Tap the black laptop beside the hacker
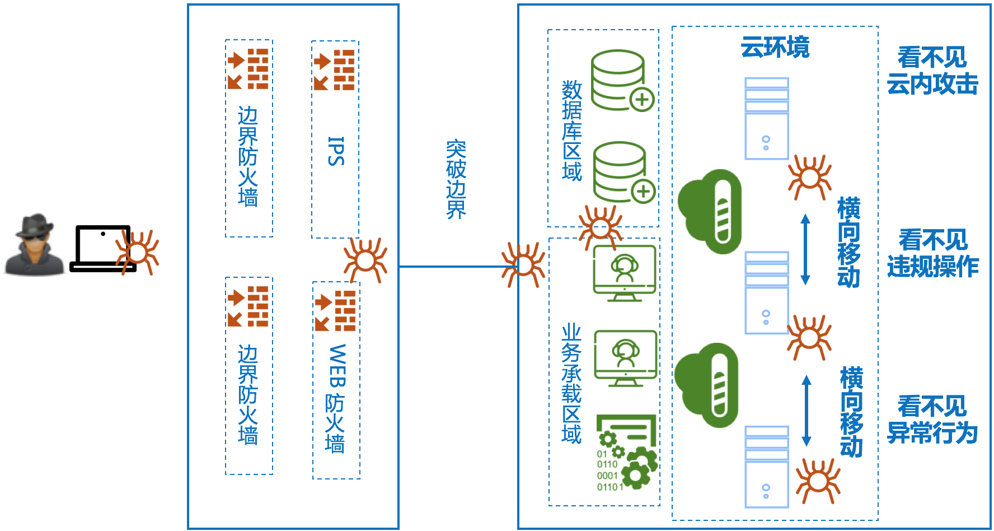[x=102, y=249]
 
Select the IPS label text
[x=335, y=151]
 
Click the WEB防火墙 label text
[x=336, y=398]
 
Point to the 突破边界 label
[x=456, y=179]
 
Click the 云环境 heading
[x=775, y=47]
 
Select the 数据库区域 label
[x=572, y=131]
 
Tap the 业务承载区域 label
[x=571, y=384]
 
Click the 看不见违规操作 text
[x=933, y=254]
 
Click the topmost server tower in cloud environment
[x=766, y=119]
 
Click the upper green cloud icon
[x=710, y=211]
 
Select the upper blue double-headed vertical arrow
[x=805, y=249]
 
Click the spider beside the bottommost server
[x=818, y=481]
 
